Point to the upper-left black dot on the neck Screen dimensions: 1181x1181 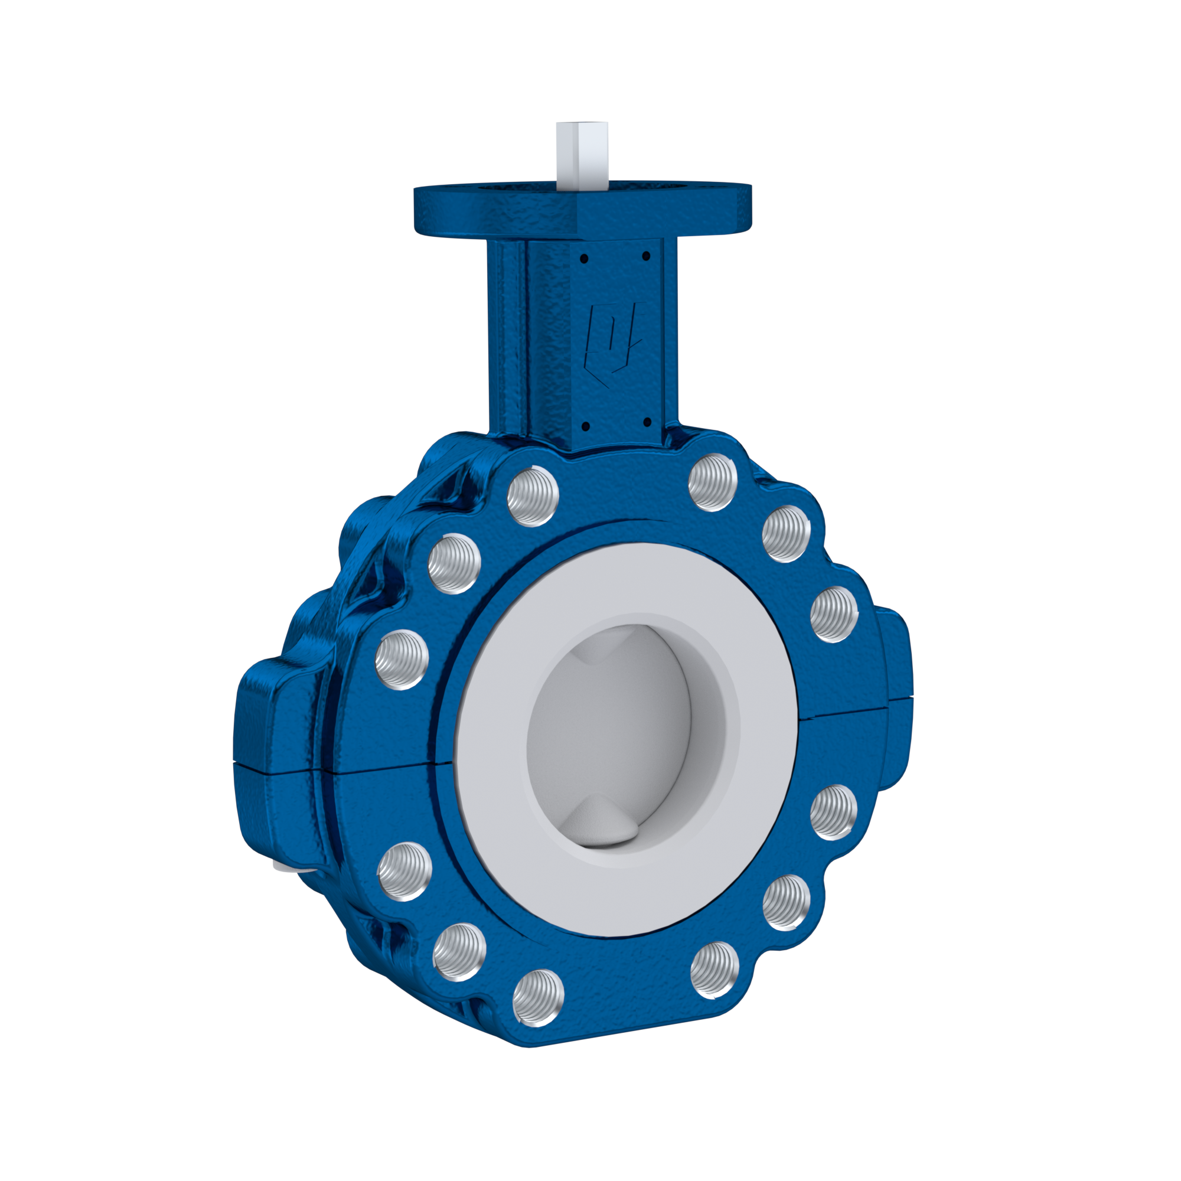point(585,259)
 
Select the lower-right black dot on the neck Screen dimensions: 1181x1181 point(645,420)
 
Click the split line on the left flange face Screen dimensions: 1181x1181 point(392,768)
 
